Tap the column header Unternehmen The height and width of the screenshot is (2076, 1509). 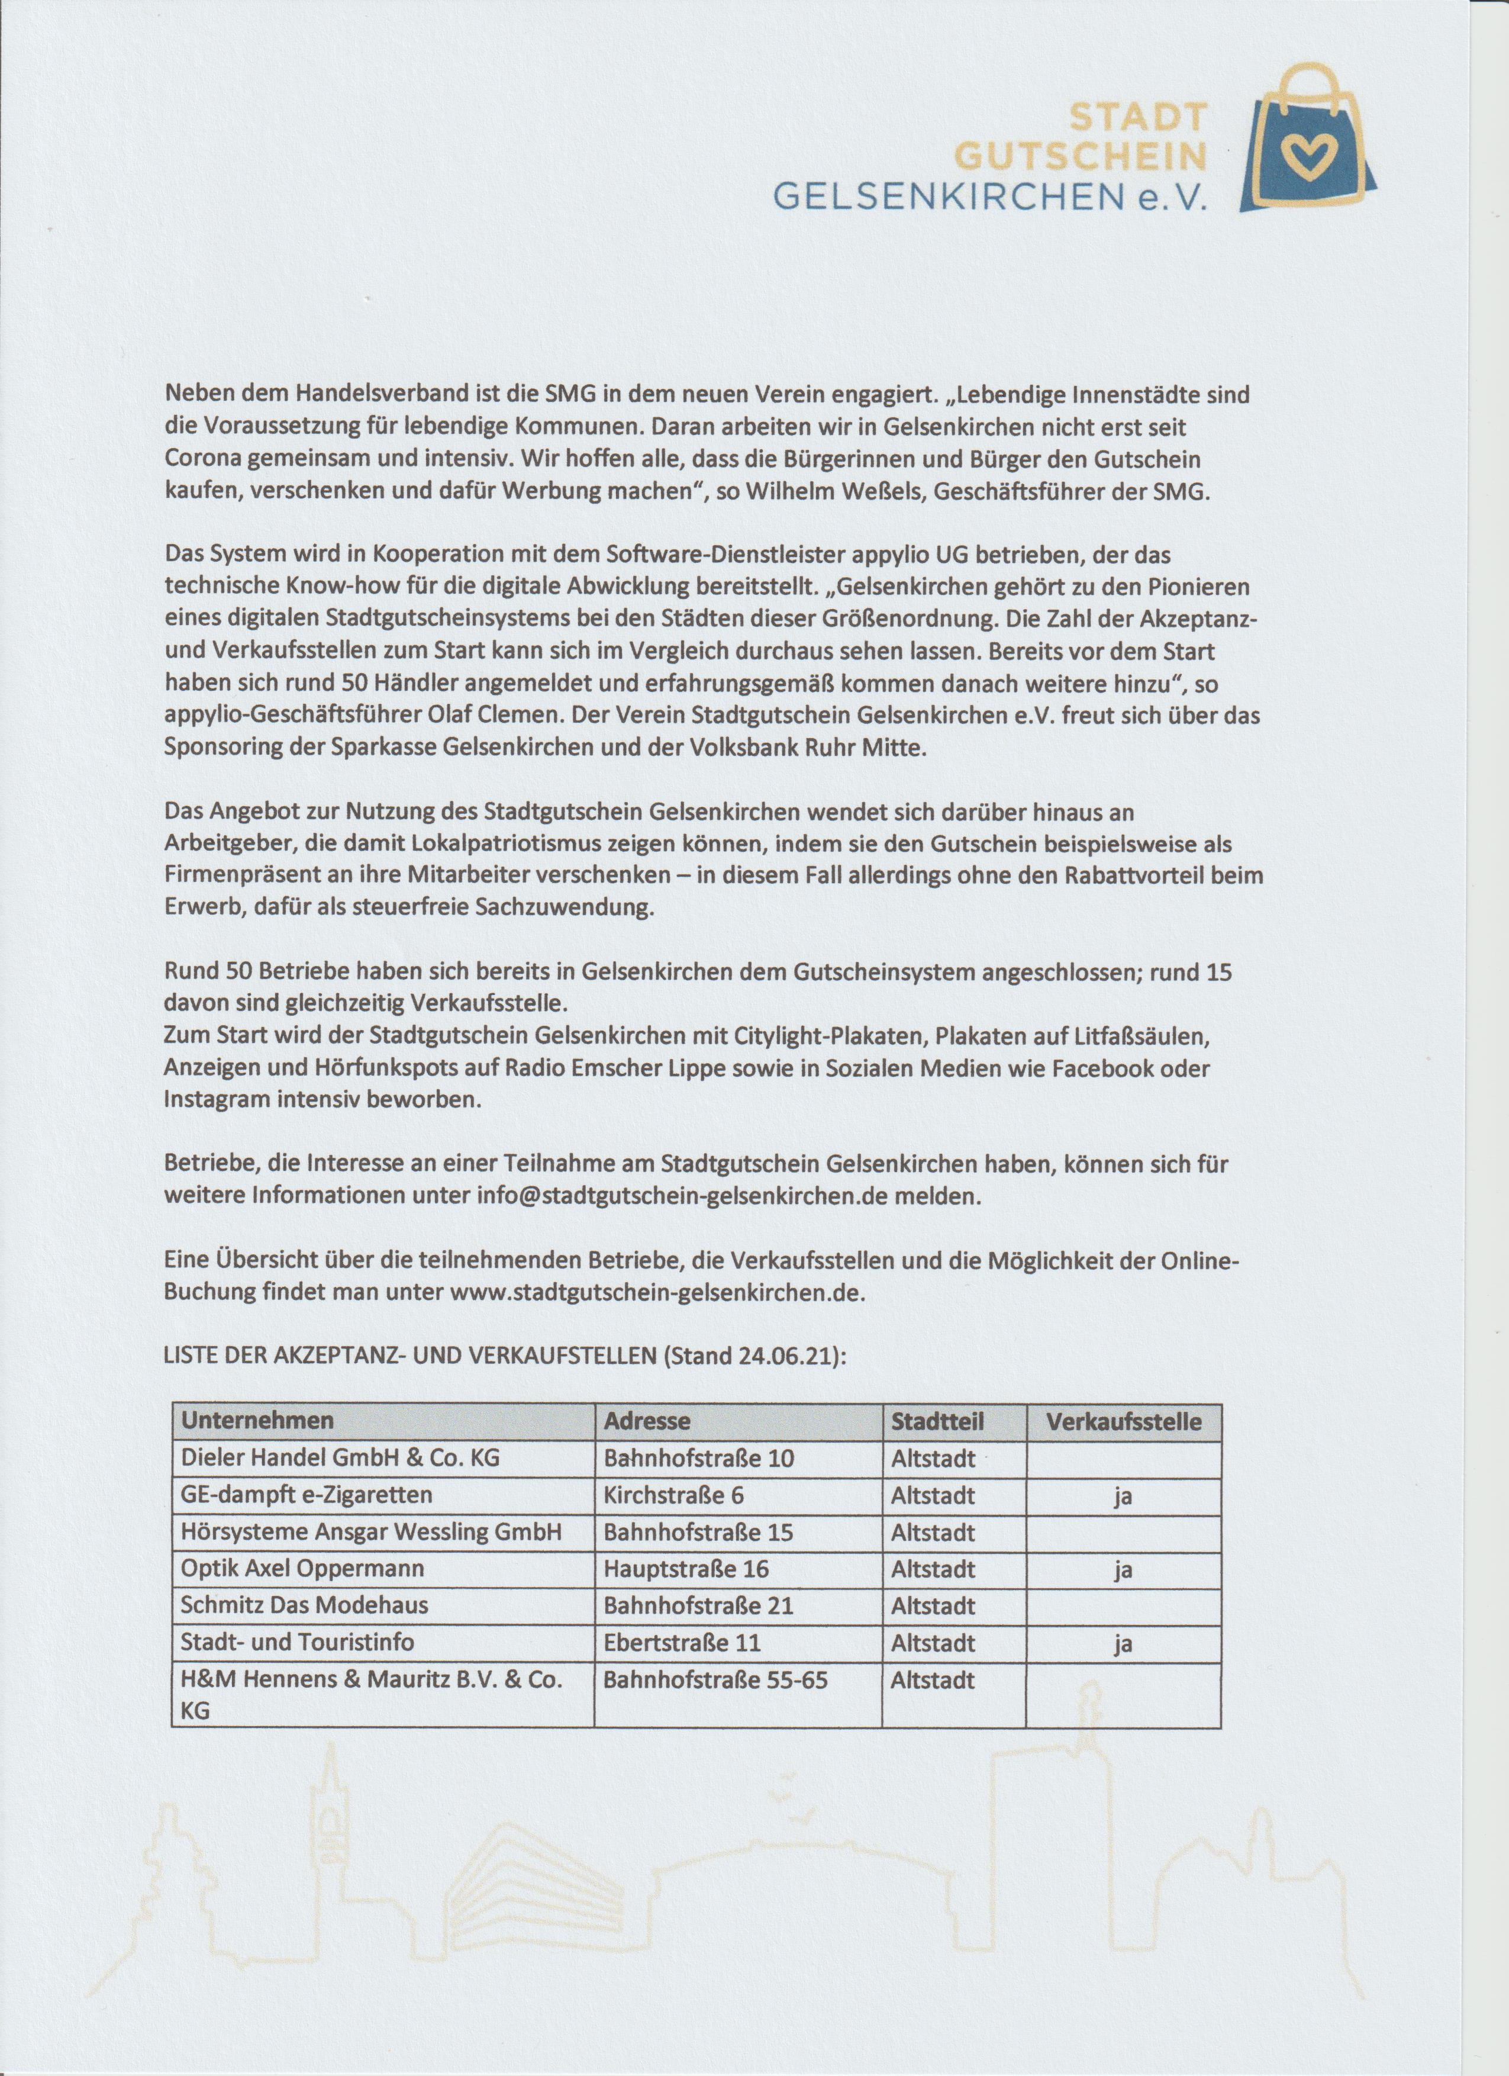click(x=257, y=1420)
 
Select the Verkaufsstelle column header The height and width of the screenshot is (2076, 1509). click(x=1124, y=1420)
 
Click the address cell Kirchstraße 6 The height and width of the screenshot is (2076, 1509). click(x=673, y=1495)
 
